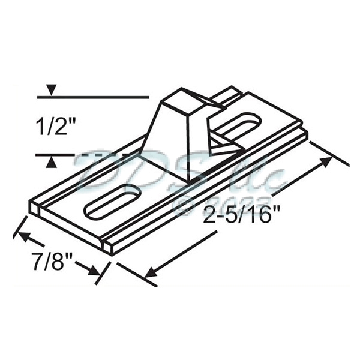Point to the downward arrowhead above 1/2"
point(52,91)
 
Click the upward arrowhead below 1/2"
point(52,161)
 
